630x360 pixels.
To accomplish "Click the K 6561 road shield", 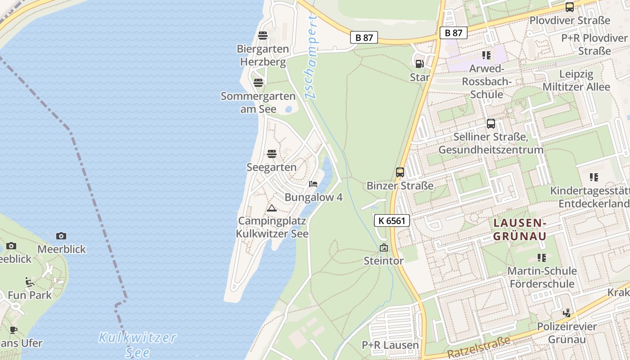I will coord(392,220).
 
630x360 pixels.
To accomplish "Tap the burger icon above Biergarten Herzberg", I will coord(263,36).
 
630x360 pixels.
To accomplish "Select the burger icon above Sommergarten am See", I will coord(258,83).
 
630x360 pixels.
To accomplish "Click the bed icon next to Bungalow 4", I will coord(313,184).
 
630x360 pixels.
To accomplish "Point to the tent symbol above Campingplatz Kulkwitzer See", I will coord(271,208).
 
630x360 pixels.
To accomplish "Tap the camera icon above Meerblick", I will coord(61,236).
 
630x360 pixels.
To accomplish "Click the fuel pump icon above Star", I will coord(419,64).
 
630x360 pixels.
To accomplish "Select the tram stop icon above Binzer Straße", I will coord(400,172).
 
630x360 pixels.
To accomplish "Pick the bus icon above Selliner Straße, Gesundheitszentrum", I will coord(491,123).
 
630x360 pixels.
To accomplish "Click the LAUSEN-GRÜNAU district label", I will coord(520,229).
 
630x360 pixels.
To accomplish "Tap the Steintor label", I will coord(383,261).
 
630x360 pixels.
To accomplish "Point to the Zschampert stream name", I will coord(310,56).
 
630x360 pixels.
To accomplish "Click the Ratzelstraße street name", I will coord(480,347).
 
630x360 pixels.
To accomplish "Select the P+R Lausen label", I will coord(390,345).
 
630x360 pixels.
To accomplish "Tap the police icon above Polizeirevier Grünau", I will coord(567,313).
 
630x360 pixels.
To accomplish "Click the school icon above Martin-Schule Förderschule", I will coord(542,257).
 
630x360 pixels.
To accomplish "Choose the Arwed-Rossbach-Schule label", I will coord(486,81).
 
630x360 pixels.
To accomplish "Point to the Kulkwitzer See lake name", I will coord(137,344).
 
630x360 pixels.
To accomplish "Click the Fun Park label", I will coord(30,295).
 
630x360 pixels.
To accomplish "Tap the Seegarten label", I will coord(271,167).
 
